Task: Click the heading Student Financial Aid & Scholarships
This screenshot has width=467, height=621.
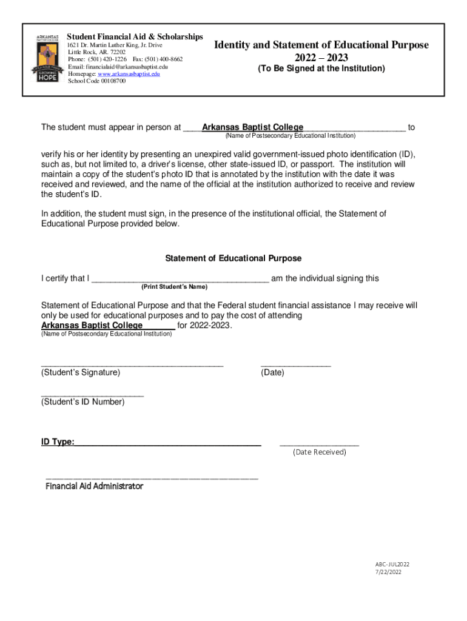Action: [135, 37]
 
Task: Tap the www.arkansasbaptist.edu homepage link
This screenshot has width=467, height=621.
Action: [130, 73]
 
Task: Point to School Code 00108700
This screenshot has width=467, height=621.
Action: [96, 81]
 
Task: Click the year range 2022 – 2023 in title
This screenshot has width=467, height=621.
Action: [321, 58]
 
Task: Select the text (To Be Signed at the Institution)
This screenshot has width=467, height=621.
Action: [321, 69]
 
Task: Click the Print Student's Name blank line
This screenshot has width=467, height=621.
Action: [180, 279]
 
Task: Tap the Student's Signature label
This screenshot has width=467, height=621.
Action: [80, 372]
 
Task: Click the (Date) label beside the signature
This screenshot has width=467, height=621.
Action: [272, 372]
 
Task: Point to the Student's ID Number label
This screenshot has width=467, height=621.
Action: [82, 401]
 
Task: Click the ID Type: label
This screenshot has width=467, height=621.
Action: [58, 441]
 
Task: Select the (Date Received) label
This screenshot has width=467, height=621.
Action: [319, 452]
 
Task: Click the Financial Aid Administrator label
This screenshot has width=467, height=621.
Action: [94, 486]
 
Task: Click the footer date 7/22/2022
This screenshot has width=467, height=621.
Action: [388, 571]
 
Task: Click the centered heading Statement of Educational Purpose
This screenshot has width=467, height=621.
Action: [233, 258]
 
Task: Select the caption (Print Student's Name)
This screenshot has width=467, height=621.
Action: [174, 286]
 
